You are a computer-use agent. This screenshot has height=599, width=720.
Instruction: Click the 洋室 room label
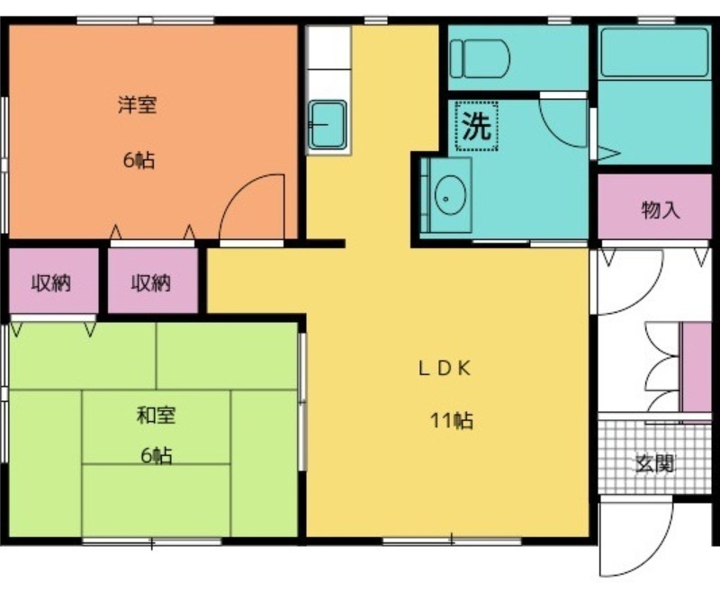tap(138, 104)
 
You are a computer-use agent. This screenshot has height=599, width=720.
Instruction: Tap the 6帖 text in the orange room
tap(139, 160)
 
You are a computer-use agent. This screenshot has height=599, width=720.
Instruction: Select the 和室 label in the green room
tap(156, 416)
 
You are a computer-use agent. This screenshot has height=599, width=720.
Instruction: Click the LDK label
tap(445, 368)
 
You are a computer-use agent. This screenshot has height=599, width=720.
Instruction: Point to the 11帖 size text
tap(452, 420)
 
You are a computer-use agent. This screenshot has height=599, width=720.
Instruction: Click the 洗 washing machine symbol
tap(477, 126)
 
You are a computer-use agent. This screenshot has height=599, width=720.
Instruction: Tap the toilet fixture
tap(480, 58)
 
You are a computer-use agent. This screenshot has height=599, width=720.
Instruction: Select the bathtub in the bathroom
tap(655, 52)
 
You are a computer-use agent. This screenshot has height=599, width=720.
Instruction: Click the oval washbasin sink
tap(451, 194)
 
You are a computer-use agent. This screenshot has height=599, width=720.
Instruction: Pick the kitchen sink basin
tap(328, 125)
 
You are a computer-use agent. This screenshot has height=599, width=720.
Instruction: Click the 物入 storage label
tap(661, 210)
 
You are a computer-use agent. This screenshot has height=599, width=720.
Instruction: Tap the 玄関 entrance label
tap(655, 463)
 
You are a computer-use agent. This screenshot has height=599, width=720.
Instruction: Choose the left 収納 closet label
tap(51, 282)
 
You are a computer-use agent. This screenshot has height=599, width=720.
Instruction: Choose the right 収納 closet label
tap(150, 282)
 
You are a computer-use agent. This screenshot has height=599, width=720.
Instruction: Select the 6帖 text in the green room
tap(157, 455)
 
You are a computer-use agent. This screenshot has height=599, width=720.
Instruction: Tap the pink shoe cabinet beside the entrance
tap(696, 367)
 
